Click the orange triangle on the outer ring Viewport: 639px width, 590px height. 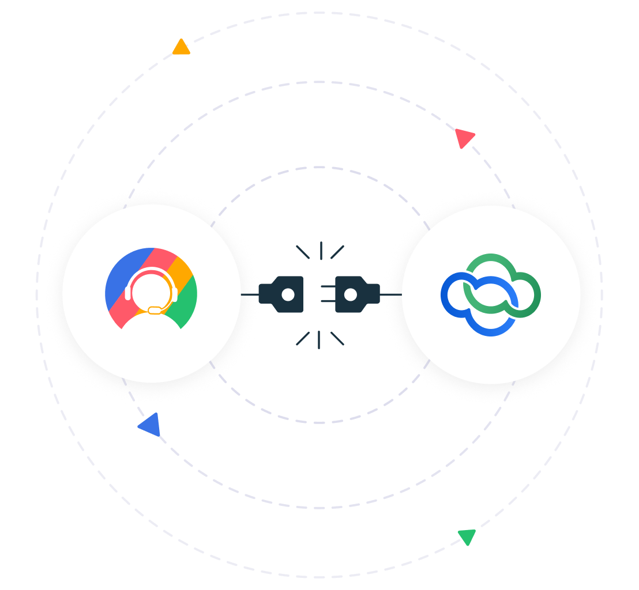[181, 48]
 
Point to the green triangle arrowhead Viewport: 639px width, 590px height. [467, 536]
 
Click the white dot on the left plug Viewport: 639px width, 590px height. [288, 294]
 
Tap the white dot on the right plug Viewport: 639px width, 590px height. [351, 294]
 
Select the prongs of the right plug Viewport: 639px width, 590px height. [328, 294]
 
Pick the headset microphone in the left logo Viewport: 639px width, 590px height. [155, 311]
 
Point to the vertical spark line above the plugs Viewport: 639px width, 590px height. [321, 250]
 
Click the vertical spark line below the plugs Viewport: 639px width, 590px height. [318, 339]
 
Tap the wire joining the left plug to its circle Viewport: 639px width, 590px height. [250, 294]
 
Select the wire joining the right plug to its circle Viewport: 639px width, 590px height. [391, 294]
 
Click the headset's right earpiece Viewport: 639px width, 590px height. [175, 293]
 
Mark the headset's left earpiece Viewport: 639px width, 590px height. [127, 293]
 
